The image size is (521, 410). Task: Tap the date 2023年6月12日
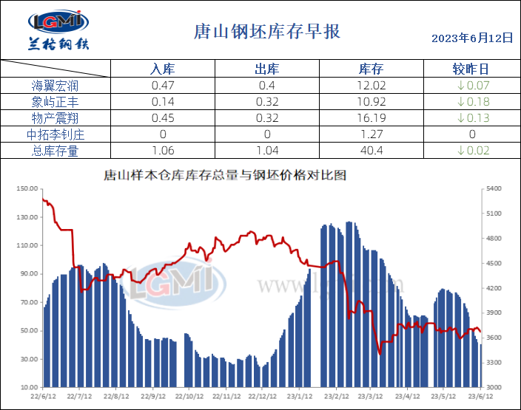click(471, 38)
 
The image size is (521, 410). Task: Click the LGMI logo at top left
click(58, 30)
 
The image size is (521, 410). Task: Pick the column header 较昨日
click(471, 69)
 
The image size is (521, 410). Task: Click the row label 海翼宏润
click(56, 86)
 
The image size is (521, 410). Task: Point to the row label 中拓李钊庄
click(56, 134)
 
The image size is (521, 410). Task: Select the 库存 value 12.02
click(371, 86)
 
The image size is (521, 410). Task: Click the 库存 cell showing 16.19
click(371, 118)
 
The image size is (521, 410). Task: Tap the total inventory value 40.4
click(371, 151)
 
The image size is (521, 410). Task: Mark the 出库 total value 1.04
click(266, 151)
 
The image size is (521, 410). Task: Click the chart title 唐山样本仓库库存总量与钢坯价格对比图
click(224, 177)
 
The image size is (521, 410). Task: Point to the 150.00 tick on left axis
click(27, 189)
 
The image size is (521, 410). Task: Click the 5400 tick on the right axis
click(493, 189)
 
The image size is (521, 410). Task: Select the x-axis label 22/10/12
click(189, 395)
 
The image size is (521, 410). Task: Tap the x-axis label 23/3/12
click(370, 395)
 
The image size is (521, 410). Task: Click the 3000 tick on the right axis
click(493, 387)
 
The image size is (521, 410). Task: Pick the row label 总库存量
click(56, 151)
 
